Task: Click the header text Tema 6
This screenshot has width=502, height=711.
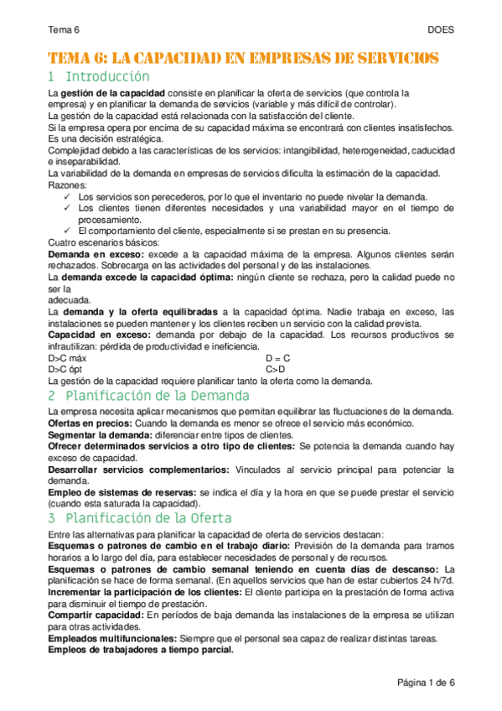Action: click(x=64, y=29)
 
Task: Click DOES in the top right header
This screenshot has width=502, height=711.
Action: click(x=441, y=29)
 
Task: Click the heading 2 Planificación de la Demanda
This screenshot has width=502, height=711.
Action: click(x=155, y=395)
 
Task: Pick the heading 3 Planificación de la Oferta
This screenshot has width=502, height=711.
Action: click(x=139, y=517)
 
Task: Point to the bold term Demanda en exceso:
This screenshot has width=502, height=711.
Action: click(x=96, y=253)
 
